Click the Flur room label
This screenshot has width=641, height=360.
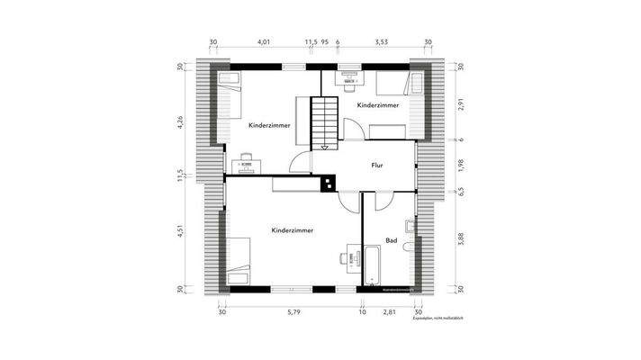[378, 166]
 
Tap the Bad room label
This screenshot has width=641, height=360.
[392, 240]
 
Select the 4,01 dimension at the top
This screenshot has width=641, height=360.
[264, 41]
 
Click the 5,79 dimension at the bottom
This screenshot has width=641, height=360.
[293, 312]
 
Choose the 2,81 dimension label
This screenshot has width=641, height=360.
[390, 312]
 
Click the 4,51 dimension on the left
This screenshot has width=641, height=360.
[180, 230]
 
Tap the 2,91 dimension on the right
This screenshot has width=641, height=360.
[460, 104]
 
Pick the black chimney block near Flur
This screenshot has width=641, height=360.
[328, 183]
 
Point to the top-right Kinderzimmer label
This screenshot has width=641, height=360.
[378, 106]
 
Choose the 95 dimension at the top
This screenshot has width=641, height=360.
[324, 41]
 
